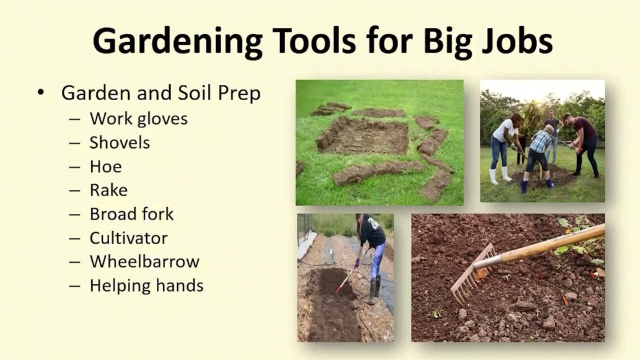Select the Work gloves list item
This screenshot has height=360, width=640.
tap(138, 119)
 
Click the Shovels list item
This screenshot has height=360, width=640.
tap(120, 143)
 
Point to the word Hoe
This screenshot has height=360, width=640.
tap(106, 166)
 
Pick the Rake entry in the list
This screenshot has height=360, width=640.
tap(108, 190)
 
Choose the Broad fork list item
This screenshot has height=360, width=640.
tap(131, 214)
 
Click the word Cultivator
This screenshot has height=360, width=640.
tap(129, 238)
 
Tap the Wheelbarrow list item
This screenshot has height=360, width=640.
tap(144, 262)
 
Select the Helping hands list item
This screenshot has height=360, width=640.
tap(147, 286)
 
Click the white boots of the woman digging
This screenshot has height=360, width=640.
tap(499, 176)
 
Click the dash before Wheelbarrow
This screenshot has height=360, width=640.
tap(75, 262)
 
